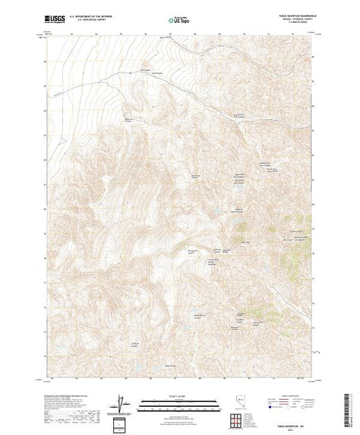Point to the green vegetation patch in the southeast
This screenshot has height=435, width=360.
point(262,311)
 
